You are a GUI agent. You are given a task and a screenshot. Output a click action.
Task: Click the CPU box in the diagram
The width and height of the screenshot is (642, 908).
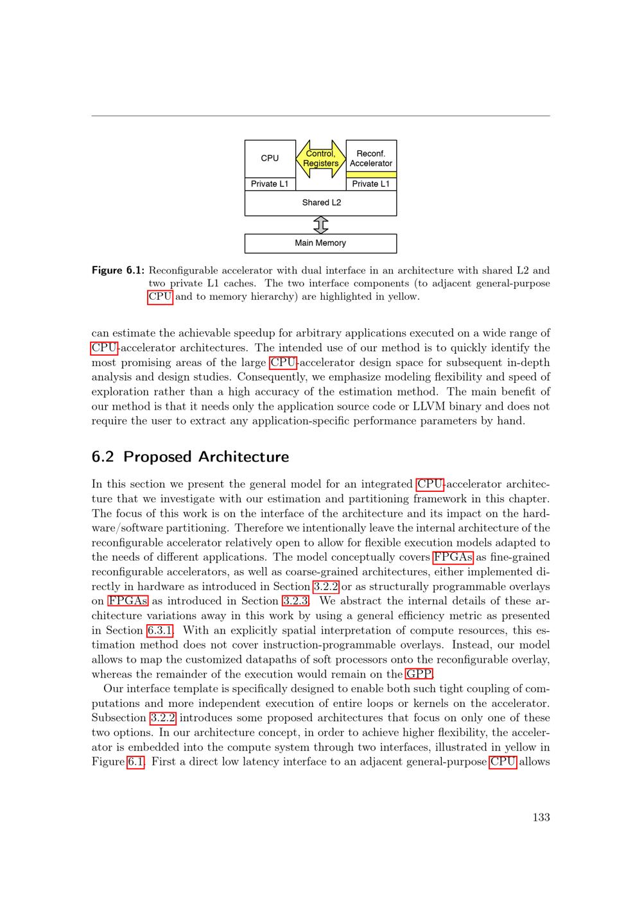[270, 159]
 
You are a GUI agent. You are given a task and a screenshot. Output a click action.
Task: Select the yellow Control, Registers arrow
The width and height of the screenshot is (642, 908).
[320, 159]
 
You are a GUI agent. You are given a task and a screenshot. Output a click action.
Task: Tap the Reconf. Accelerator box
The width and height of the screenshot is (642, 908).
[371, 157]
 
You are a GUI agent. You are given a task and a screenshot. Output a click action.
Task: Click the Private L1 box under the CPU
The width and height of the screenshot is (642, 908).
[270, 184]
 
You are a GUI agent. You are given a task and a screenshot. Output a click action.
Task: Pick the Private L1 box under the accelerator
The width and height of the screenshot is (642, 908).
[371, 184]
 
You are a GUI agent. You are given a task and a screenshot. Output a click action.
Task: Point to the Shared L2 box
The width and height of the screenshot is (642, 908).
[321, 203]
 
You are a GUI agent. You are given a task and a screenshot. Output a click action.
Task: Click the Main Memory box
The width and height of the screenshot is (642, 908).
[320, 243]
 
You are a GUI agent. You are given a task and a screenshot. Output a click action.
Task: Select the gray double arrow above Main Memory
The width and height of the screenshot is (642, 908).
[320, 225]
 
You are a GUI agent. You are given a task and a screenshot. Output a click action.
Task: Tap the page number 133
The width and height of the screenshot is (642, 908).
[541, 817]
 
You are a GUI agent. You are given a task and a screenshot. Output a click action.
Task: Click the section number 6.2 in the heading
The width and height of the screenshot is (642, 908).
[103, 457]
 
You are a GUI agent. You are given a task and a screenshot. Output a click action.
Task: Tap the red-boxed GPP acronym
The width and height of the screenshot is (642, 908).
[419, 674]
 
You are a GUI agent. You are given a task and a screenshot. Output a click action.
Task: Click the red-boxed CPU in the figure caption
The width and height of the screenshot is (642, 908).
[160, 297]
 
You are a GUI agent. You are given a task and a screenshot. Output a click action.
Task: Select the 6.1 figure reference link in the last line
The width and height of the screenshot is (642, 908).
[136, 762]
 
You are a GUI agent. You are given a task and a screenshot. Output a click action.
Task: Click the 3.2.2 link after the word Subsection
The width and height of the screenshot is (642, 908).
[163, 718]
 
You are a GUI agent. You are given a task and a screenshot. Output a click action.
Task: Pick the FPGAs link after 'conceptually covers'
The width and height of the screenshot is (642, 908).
[453, 557]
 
